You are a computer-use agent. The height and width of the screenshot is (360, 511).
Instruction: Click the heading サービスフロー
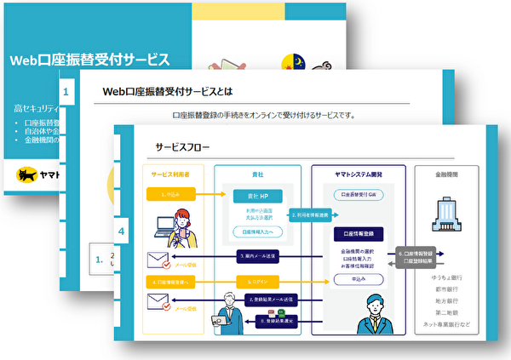(x=176, y=146)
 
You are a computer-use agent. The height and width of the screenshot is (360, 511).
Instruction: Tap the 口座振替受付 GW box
(x=362, y=194)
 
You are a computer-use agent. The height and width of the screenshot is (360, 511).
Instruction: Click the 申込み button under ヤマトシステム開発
(x=362, y=277)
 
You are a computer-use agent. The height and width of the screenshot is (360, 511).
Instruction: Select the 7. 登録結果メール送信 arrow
(x=270, y=300)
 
